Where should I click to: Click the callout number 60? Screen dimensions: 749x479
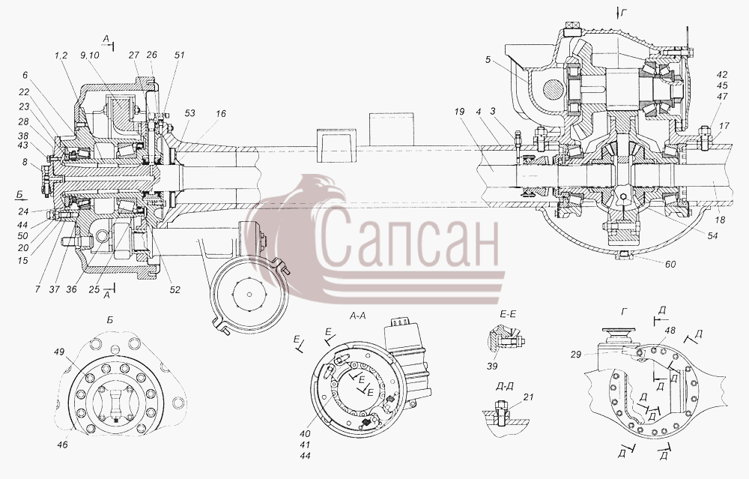[670, 264]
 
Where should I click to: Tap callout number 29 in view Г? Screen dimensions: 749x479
[575, 355]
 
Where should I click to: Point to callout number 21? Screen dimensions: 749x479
[528, 397]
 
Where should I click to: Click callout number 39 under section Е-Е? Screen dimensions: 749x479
[493, 366]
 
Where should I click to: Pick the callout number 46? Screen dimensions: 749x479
[62, 445]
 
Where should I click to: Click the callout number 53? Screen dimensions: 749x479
[189, 113]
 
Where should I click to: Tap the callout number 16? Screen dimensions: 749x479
[220, 114]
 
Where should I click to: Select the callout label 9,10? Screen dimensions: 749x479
[90, 55]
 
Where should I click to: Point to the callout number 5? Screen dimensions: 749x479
[488, 60]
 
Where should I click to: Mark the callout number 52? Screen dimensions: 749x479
[175, 289]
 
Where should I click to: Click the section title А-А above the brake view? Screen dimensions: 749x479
[358, 316]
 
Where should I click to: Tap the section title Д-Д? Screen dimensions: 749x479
[506, 386]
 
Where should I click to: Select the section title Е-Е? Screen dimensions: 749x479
[508, 315]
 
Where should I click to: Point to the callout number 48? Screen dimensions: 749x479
[670, 331]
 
